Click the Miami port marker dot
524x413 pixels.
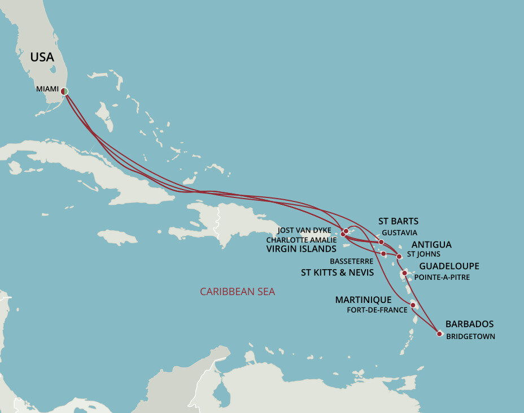[65, 91]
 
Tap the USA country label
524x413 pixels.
[42, 57]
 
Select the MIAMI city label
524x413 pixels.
[47, 89]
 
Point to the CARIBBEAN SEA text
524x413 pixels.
[237, 292]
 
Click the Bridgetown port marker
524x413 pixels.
[439, 333]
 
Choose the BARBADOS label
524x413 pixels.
[469, 324]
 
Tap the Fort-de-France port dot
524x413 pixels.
[413, 305]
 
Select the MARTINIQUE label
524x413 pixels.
[363, 299]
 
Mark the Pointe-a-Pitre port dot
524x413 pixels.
[404, 273]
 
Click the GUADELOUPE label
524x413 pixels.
[449, 266]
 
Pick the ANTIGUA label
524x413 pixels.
[431, 244]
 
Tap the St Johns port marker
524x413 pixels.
[399, 257]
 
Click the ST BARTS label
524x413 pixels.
[398, 221]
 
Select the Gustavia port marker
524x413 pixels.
[381, 242]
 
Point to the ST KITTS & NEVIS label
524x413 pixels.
[337, 273]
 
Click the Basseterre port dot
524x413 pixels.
[384, 254]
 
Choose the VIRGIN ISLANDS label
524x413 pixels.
[301, 248]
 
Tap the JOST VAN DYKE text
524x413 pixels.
[304, 230]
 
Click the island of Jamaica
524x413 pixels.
[117, 237]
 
